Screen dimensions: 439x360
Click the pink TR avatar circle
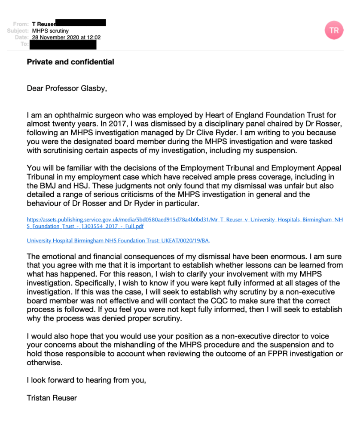tap(334, 30)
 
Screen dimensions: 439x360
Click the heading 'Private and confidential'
tap(70, 62)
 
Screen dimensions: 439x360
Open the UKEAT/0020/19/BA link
tap(118, 240)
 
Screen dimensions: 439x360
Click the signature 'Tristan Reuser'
tap(52, 398)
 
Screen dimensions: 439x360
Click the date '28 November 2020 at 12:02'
tap(66, 37)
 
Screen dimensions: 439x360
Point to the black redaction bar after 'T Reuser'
tap(81, 23)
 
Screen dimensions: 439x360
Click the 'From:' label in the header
tap(21, 24)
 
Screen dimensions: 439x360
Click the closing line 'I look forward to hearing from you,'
tap(86, 380)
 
